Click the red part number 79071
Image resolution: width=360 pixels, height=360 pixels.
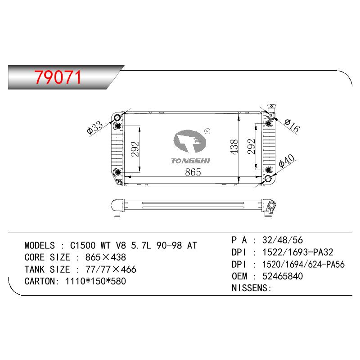click(x=58, y=77)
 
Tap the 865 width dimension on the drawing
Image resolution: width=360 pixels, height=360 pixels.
click(x=193, y=172)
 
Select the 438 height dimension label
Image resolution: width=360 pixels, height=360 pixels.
click(x=234, y=147)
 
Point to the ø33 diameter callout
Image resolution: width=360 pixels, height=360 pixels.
click(x=94, y=128)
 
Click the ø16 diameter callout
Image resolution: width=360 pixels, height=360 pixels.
click(x=292, y=126)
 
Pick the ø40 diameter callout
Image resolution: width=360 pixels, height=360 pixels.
click(x=286, y=161)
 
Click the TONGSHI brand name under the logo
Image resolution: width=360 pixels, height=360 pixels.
click(x=190, y=161)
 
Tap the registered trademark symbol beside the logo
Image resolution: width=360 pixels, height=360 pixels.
click(x=207, y=131)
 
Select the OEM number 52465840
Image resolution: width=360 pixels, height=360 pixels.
click(x=283, y=276)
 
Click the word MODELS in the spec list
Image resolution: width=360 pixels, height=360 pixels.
click(x=40, y=246)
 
